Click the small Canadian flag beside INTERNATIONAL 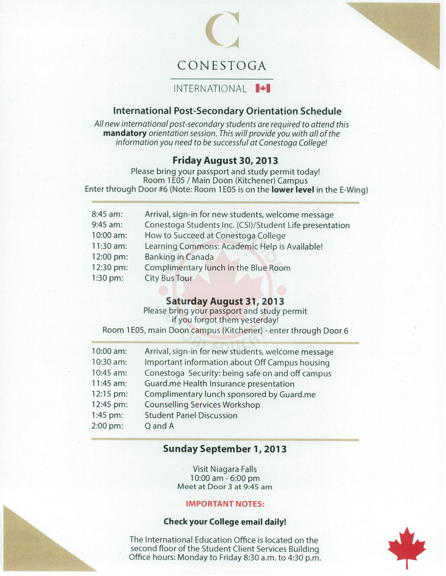pyautogui.click(x=263, y=88)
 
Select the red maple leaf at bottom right pyautogui.click(x=406, y=545)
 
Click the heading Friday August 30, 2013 pyautogui.click(x=225, y=160)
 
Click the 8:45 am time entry pyautogui.click(x=108, y=215)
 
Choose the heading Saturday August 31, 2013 pyautogui.click(x=225, y=301)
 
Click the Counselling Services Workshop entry pyautogui.click(x=202, y=405)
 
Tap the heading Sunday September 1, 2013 pyautogui.click(x=225, y=449)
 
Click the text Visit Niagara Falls pyautogui.click(x=225, y=469)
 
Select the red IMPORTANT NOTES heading pyautogui.click(x=225, y=503)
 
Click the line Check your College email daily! pyautogui.click(x=225, y=522)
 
